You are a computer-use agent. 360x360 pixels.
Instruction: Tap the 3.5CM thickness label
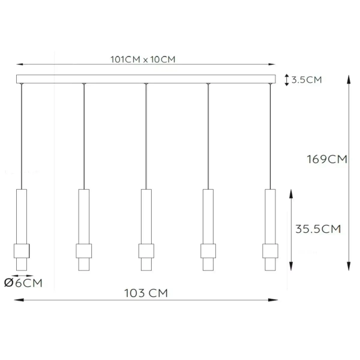(306, 80)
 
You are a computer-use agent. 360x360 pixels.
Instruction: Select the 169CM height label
(326, 160)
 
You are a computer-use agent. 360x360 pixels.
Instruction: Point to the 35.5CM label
(319, 229)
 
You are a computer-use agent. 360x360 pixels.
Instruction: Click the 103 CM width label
(145, 293)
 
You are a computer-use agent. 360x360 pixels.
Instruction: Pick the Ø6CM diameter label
(23, 283)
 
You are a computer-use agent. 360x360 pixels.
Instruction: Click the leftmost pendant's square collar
(21, 250)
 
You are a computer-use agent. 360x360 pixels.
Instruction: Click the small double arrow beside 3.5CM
(286, 79)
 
